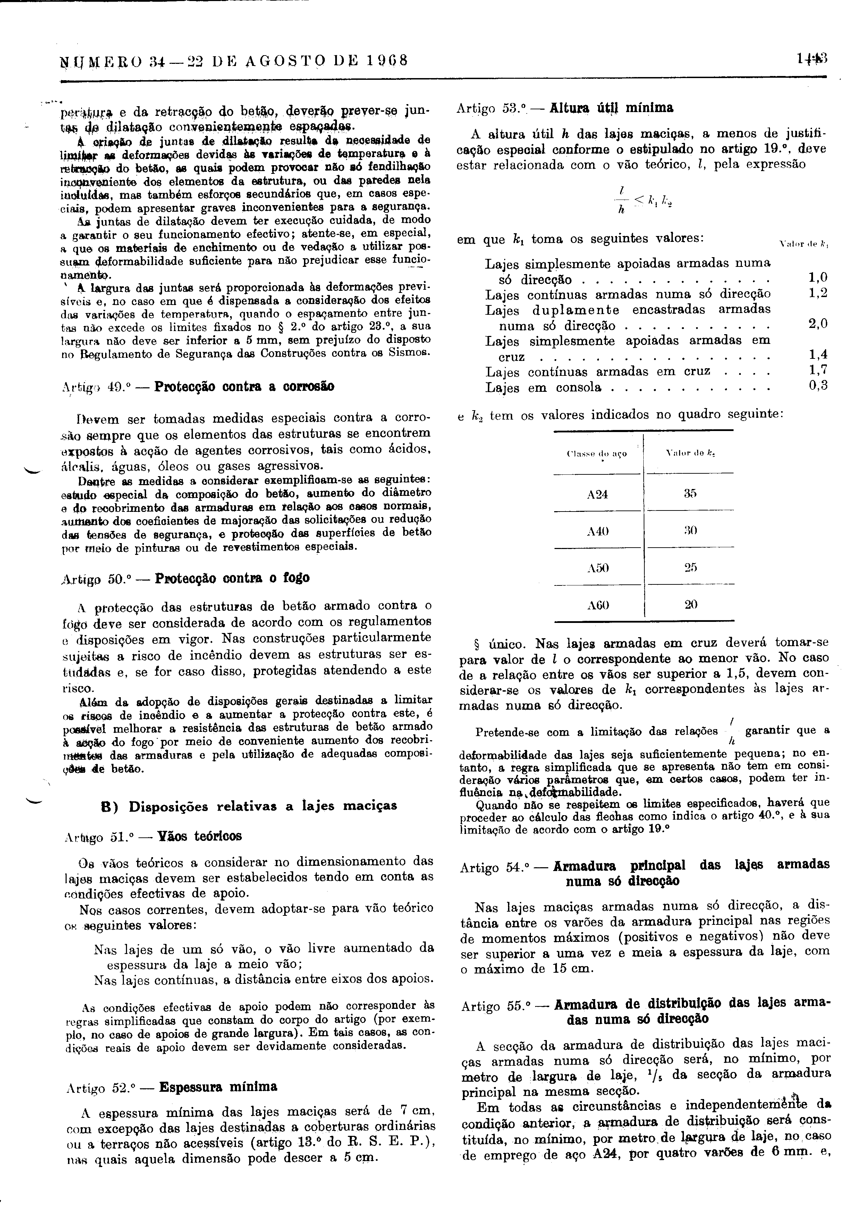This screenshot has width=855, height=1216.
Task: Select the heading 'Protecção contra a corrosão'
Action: tap(244, 386)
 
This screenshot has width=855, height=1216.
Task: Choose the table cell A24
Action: tap(598, 494)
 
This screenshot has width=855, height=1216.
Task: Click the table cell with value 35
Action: tap(690, 493)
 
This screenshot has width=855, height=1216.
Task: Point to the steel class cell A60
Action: tap(598, 604)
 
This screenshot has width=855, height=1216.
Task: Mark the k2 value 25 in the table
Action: tap(690, 567)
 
